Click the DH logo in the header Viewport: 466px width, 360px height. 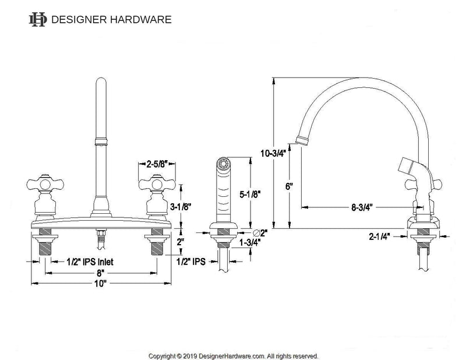click(x=38, y=20)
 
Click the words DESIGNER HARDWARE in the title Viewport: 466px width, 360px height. click(x=111, y=20)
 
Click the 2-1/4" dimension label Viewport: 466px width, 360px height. click(x=379, y=237)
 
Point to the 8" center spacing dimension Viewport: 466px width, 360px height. click(x=101, y=272)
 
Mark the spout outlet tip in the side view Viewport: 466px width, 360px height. click(x=301, y=139)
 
